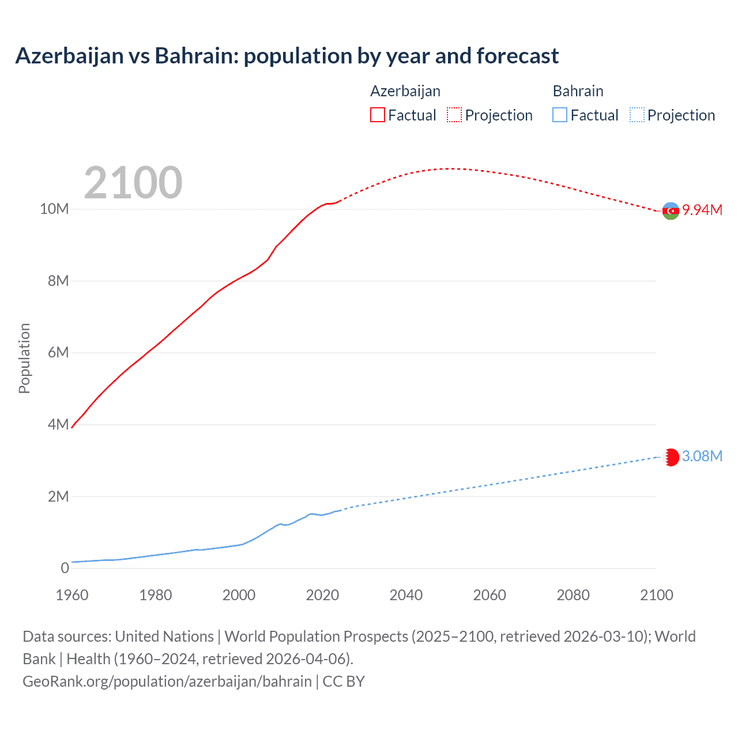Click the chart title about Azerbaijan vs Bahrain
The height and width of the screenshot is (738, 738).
click(287, 56)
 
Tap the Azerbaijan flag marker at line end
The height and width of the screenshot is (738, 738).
click(671, 211)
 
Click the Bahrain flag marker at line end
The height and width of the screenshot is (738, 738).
click(671, 457)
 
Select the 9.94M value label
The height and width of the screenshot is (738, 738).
click(702, 210)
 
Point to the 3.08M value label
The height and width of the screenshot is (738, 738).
click(702, 456)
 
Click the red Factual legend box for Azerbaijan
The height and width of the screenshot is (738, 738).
click(377, 115)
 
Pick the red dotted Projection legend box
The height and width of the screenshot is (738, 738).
click(454, 115)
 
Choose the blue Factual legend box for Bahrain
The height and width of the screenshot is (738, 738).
click(559, 115)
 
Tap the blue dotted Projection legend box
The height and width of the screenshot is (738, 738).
click(637, 115)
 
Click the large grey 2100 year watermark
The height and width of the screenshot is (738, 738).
click(133, 183)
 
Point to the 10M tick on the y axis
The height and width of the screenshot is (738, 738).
click(54, 209)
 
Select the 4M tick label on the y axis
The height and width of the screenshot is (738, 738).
click(58, 424)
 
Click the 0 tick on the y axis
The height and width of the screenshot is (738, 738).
click(65, 568)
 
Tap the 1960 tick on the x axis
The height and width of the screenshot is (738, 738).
click(72, 595)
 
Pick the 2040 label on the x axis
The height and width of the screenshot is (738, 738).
click(406, 595)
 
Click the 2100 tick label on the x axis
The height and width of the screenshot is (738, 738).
click(656, 595)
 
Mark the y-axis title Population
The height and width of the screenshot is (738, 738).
click(24, 358)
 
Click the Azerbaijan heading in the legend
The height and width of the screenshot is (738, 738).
click(405, 91)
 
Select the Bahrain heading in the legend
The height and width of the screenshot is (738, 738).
click(578, 91)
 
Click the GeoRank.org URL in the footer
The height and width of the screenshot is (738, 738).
click(167, 681)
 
